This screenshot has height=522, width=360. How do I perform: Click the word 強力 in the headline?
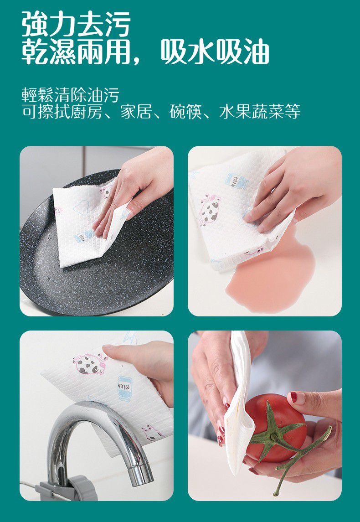click(49, 24)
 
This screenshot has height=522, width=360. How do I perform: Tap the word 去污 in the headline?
click(103, 24)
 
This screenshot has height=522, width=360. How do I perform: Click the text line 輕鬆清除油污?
click(71, 95)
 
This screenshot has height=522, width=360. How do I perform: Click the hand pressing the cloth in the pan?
click(132, 187)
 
